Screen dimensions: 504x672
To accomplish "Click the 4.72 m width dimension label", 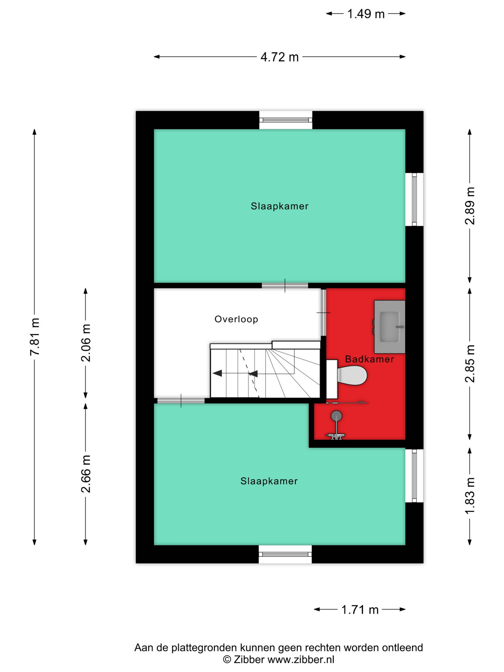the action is tap(279, 57).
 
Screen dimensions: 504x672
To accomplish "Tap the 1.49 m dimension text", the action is tap(366, 14).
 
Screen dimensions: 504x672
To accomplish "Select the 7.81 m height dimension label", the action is tap(35, 336).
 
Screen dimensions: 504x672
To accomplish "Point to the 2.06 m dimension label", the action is tap(86, 343).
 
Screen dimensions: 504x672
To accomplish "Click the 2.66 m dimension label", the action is tap(86, 474).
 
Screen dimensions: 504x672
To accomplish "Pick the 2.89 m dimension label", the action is tap(470, 206).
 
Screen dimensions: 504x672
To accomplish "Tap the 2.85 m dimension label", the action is tap(470, 363).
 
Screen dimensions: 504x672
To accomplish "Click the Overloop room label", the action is tap(236, 319).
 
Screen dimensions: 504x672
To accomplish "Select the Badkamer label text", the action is tap(369, 359).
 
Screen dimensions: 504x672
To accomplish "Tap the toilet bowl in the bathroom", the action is tap(352, 375).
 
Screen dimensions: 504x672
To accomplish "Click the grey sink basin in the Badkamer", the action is tap(390, 327).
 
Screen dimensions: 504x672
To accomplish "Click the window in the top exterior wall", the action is tap(286, 120).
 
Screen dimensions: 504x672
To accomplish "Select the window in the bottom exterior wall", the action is tap(285, 554).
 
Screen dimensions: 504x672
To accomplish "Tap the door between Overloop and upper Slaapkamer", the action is tap(285, 285).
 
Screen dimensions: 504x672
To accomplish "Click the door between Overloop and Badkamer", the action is tap(324, 313).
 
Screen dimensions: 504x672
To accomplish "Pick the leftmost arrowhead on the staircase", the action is tap(217, 373).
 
